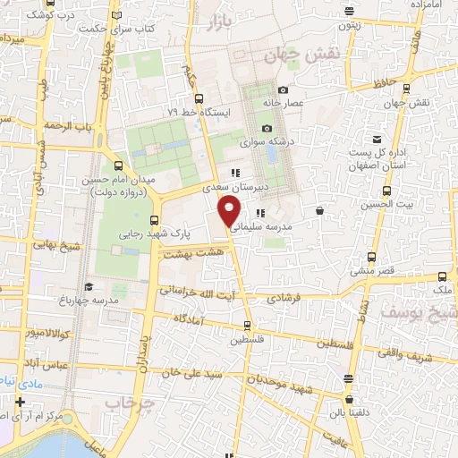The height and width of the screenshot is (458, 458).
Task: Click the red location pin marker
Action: (230, 212)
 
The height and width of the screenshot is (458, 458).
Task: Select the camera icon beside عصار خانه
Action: (284, 89)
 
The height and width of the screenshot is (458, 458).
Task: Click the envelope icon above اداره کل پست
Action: (377, 139)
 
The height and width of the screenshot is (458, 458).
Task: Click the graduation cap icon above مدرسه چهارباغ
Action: (88, 286)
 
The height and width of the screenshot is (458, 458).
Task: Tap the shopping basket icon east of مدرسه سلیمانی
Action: (320, 211)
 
